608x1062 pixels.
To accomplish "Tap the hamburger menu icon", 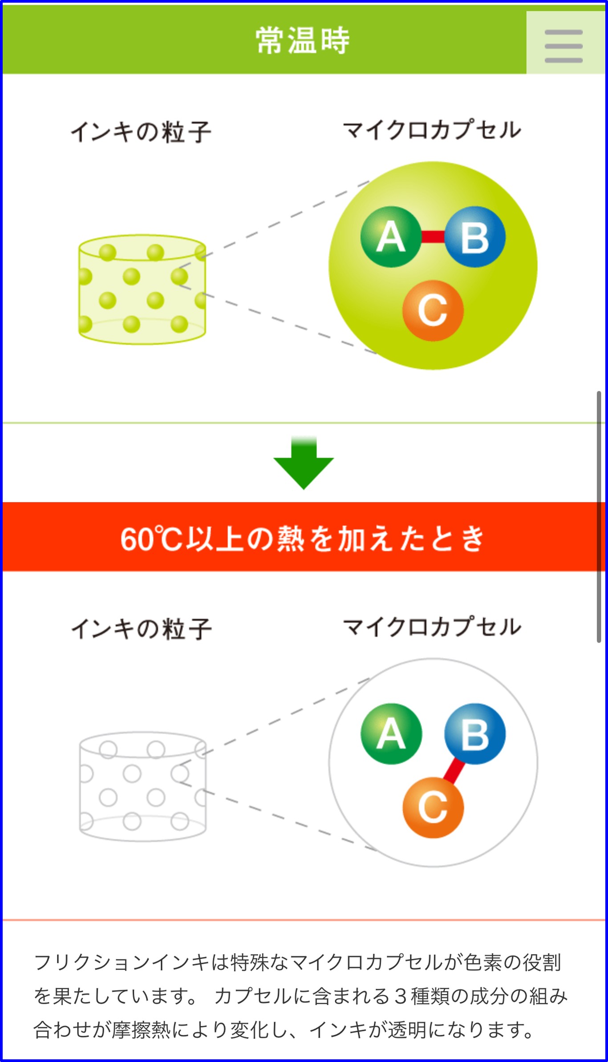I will pyautogui.click(x=563, y=46).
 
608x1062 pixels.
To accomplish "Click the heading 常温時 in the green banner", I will pyautogui.click(x=303, y=40).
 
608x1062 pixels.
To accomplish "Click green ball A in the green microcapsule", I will pyautogui.click(x=390, y=237).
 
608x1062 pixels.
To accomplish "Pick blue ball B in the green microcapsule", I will pyautogui.click(x=475, y=237).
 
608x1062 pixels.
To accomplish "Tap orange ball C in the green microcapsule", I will pyautogui.click(x=433, y=310).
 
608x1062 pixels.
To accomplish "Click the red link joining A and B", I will pyautogui.click(x=433, y=237).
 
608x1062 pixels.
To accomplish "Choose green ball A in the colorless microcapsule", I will pyautogui.click(x=391, y=734).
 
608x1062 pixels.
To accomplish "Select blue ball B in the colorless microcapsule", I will pyautogui.click(x=475, y=734).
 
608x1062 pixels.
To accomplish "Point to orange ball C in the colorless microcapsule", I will pyautogui.click(x=433, y=808).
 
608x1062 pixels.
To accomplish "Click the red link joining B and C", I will pyautogui.click(x=454, y=771).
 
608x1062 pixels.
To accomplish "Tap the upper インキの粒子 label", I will pyautogui.click(x=141, y=132).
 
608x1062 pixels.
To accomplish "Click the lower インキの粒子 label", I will pyautogui.click(x=141, y=629).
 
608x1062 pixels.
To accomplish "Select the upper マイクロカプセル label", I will pyautogui.click(x=432, y=130).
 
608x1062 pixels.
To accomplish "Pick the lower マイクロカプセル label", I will pyautogui.click(x=432, y=627).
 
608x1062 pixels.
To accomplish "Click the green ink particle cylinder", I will pyautogui.click(x=142, y=290).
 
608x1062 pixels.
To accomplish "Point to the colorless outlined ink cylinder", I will pyautogui.click(x=142, y=787).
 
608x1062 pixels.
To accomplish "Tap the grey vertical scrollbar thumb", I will pyautogui.click(x=599, y=516).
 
